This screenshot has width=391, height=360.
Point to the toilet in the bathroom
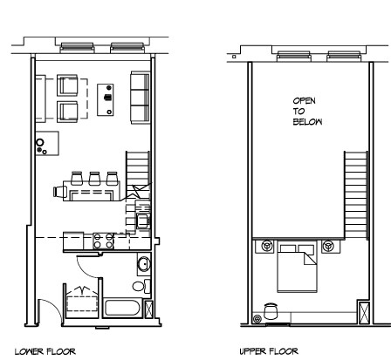pyautogui.click(x=140, y=285)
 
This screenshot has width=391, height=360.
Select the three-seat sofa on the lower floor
pyautogui.click(x=139, y=97)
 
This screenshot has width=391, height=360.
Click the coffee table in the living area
pyautogui.click(x=106, y=98)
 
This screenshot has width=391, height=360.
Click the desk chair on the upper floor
pyautogui.click(x=271, y=309)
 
